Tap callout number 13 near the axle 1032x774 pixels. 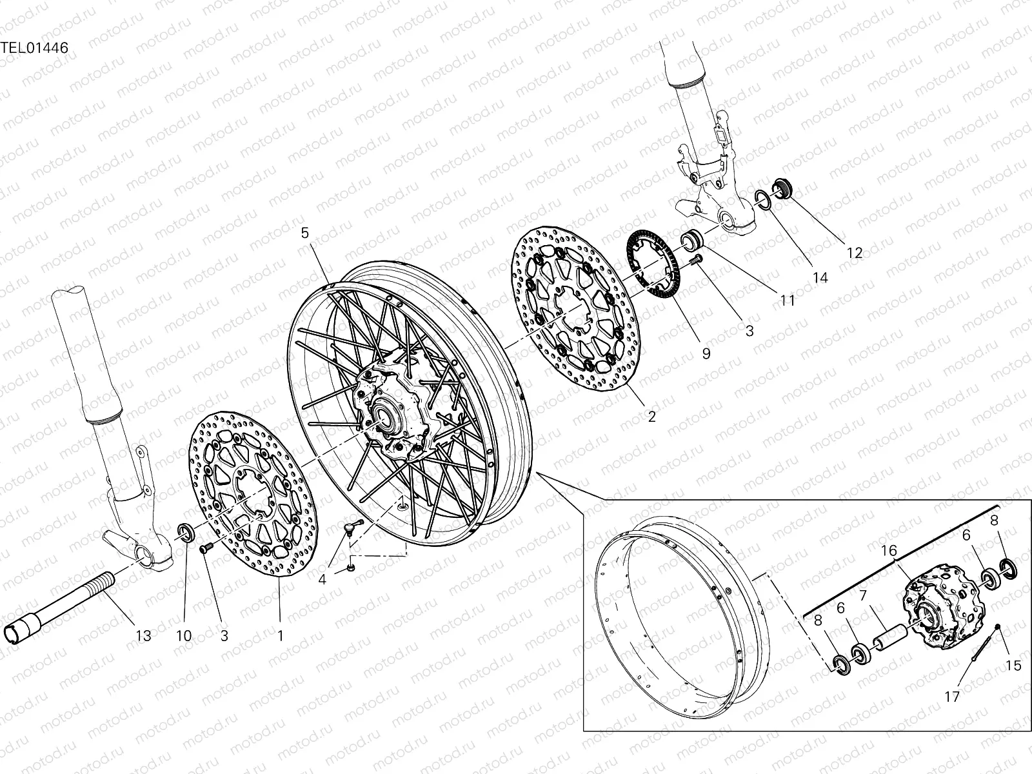[x=143, y=635]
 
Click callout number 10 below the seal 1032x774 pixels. [x=184, y=635]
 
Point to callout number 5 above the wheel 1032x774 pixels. [x=306, y=233]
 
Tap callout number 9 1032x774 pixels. [x=706, y=353]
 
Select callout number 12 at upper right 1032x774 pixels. [x=854, y=253]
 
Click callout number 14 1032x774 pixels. [x=820, y=278]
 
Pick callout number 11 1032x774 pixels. [x=787, y=300]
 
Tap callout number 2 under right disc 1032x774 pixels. [x=651, y=417]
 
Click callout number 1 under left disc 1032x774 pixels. [x=280, y=635]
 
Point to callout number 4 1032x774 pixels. [x=322, y=579]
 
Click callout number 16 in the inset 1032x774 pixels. [x=889, y=550]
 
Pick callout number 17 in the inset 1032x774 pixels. [x=952, y=697]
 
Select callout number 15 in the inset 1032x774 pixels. [x=1013, y=665]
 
